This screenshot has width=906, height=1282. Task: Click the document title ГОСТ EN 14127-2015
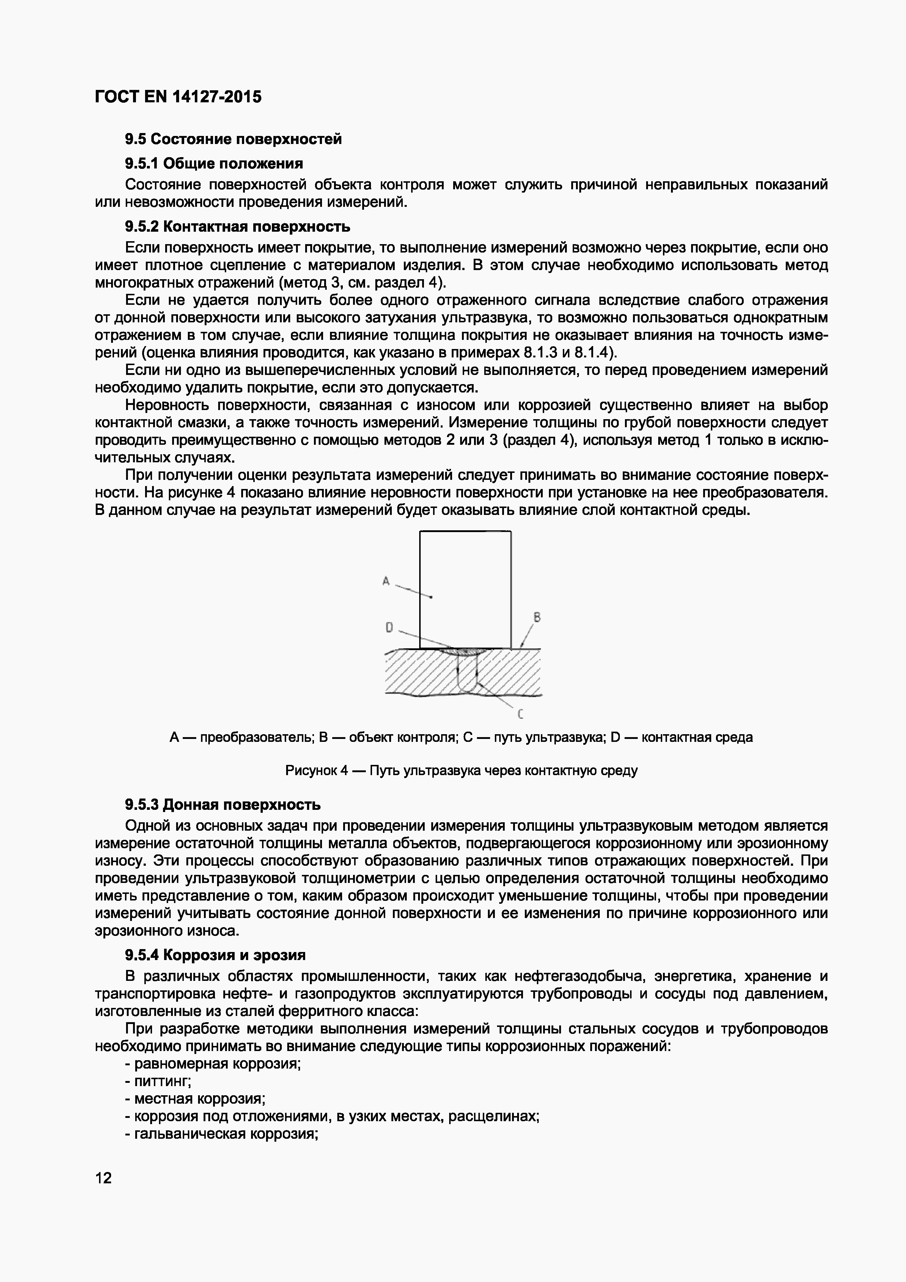pyautogui.click(x=178, y=97)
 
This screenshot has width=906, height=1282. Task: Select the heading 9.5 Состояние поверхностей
pyautogui.click(x=233, y=139)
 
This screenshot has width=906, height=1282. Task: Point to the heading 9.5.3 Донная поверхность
pyautogui.click(x=223, y=805)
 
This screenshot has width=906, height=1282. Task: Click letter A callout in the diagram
pyautogui.click(x=385, y=581)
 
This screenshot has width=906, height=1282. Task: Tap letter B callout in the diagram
pyautogui.click(x=537, y=617)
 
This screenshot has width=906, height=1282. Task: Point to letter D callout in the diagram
pyautogui.click(x=389, y=627)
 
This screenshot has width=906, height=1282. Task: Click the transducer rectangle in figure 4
pyautogui.click(x=465, y=589)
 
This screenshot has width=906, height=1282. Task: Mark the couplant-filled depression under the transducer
pyautogui.click(x=465, y=651)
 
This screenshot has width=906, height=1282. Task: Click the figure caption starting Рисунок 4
pyautogui.click(x=461, y=770)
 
